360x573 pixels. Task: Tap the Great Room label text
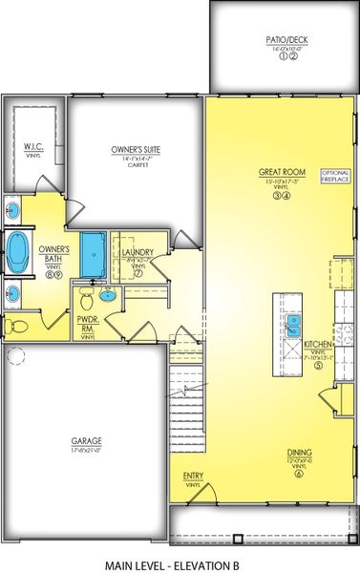click(281, 173)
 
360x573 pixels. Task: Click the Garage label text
click(87, 441)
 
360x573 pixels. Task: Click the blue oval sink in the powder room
click(108, 296)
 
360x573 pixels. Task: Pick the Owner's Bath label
click(53, 254)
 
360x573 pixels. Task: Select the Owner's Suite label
click(134, 150)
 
